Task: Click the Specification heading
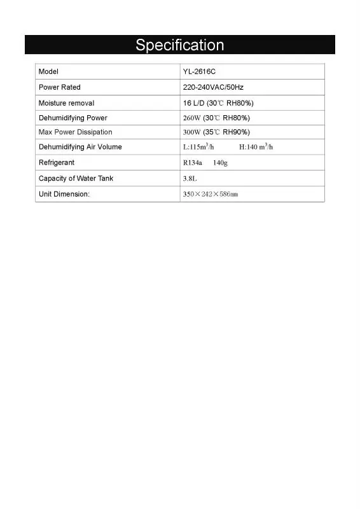pos(179,45)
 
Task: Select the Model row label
pos(48,72)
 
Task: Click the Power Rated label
pos(60,87)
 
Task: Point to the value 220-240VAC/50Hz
pos(213,87)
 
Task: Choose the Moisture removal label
pos(66,103)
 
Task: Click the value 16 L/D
pos(193,103)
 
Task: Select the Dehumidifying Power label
pos(73,118)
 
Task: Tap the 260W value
pos(192,118)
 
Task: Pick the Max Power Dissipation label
pos(75,132)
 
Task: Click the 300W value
pos(192,132)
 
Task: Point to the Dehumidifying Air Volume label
pos(80,147)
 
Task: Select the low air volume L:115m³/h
pos(198,147)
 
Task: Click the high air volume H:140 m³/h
pos(256,147)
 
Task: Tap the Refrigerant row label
pos(57,163)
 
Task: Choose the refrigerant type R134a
pos(193,163)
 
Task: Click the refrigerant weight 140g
pos(220,163)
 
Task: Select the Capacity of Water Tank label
pos(76,179)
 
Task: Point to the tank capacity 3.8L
pos(190,179)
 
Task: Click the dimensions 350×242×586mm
pos(210,194)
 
